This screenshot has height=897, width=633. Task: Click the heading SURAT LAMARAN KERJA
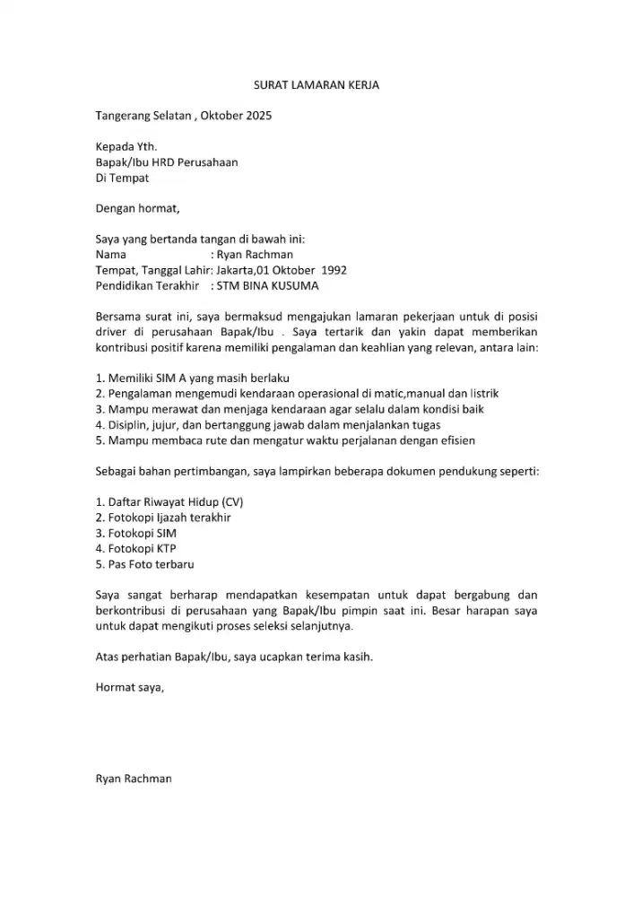(x=316, y=85)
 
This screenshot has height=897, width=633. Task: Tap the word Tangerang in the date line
(x=125, y=117)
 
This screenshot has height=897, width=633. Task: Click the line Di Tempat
(x=122, y=179)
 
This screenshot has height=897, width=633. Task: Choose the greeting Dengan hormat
(x=137, y=210)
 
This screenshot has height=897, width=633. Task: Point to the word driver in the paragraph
(x=111, y=332)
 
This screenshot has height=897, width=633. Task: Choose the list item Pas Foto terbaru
(x=145, y=564)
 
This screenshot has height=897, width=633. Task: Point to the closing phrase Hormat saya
(x=129, y=688)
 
